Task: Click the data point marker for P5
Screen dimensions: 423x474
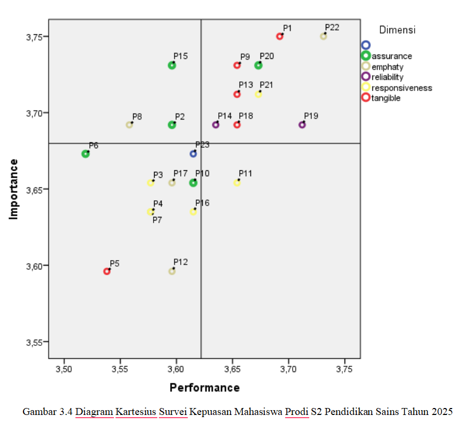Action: point(107,271)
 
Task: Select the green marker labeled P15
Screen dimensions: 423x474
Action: point(172,65)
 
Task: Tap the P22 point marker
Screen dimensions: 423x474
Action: point(324,36)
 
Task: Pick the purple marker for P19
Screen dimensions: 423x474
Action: point(302,125)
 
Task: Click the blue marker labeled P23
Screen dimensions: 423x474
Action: point(193,154)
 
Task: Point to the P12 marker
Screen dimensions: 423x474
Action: point(172,271)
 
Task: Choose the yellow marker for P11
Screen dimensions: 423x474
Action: point(237,183)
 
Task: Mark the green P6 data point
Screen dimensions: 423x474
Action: point(86,154)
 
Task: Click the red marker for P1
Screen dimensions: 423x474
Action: point(279,36)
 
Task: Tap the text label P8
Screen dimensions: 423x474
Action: point(137,117)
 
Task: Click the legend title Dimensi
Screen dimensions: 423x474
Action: point(397,30)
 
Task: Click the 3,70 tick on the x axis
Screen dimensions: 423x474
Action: point(288,370)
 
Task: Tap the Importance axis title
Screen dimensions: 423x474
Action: point(14,189)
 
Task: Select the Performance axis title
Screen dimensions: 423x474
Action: point(204,388)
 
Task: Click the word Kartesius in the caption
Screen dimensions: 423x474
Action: point(136,412)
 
